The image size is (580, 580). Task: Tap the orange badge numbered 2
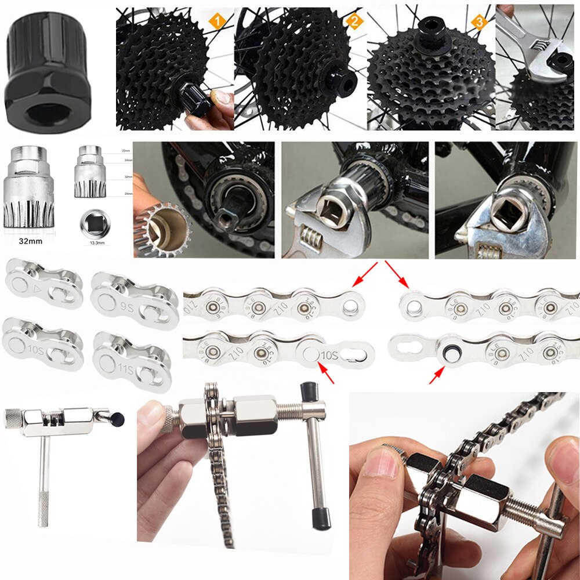coord(354,22)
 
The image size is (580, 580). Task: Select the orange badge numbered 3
coord(478,22)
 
